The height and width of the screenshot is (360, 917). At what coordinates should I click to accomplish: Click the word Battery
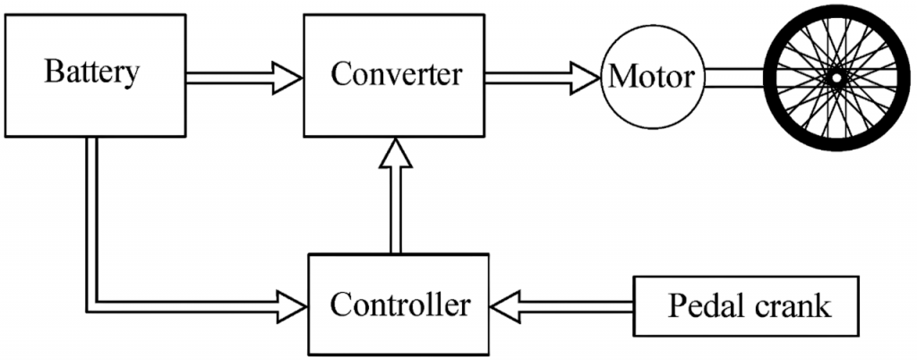point(92,73)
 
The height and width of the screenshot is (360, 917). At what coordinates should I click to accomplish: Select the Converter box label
point(396,74)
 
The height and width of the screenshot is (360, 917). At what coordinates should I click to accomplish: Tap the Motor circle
point(651,77)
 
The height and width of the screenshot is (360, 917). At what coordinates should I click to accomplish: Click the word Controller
point(399,305)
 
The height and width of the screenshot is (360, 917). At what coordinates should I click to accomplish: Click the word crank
point(792,306)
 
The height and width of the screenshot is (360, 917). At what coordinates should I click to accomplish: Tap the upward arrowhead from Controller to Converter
point(394,156)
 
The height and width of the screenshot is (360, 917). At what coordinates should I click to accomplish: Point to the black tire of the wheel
point(836,14)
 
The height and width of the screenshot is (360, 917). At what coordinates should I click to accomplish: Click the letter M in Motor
point(619,77)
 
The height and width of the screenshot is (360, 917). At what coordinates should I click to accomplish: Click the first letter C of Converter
point(339,74)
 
